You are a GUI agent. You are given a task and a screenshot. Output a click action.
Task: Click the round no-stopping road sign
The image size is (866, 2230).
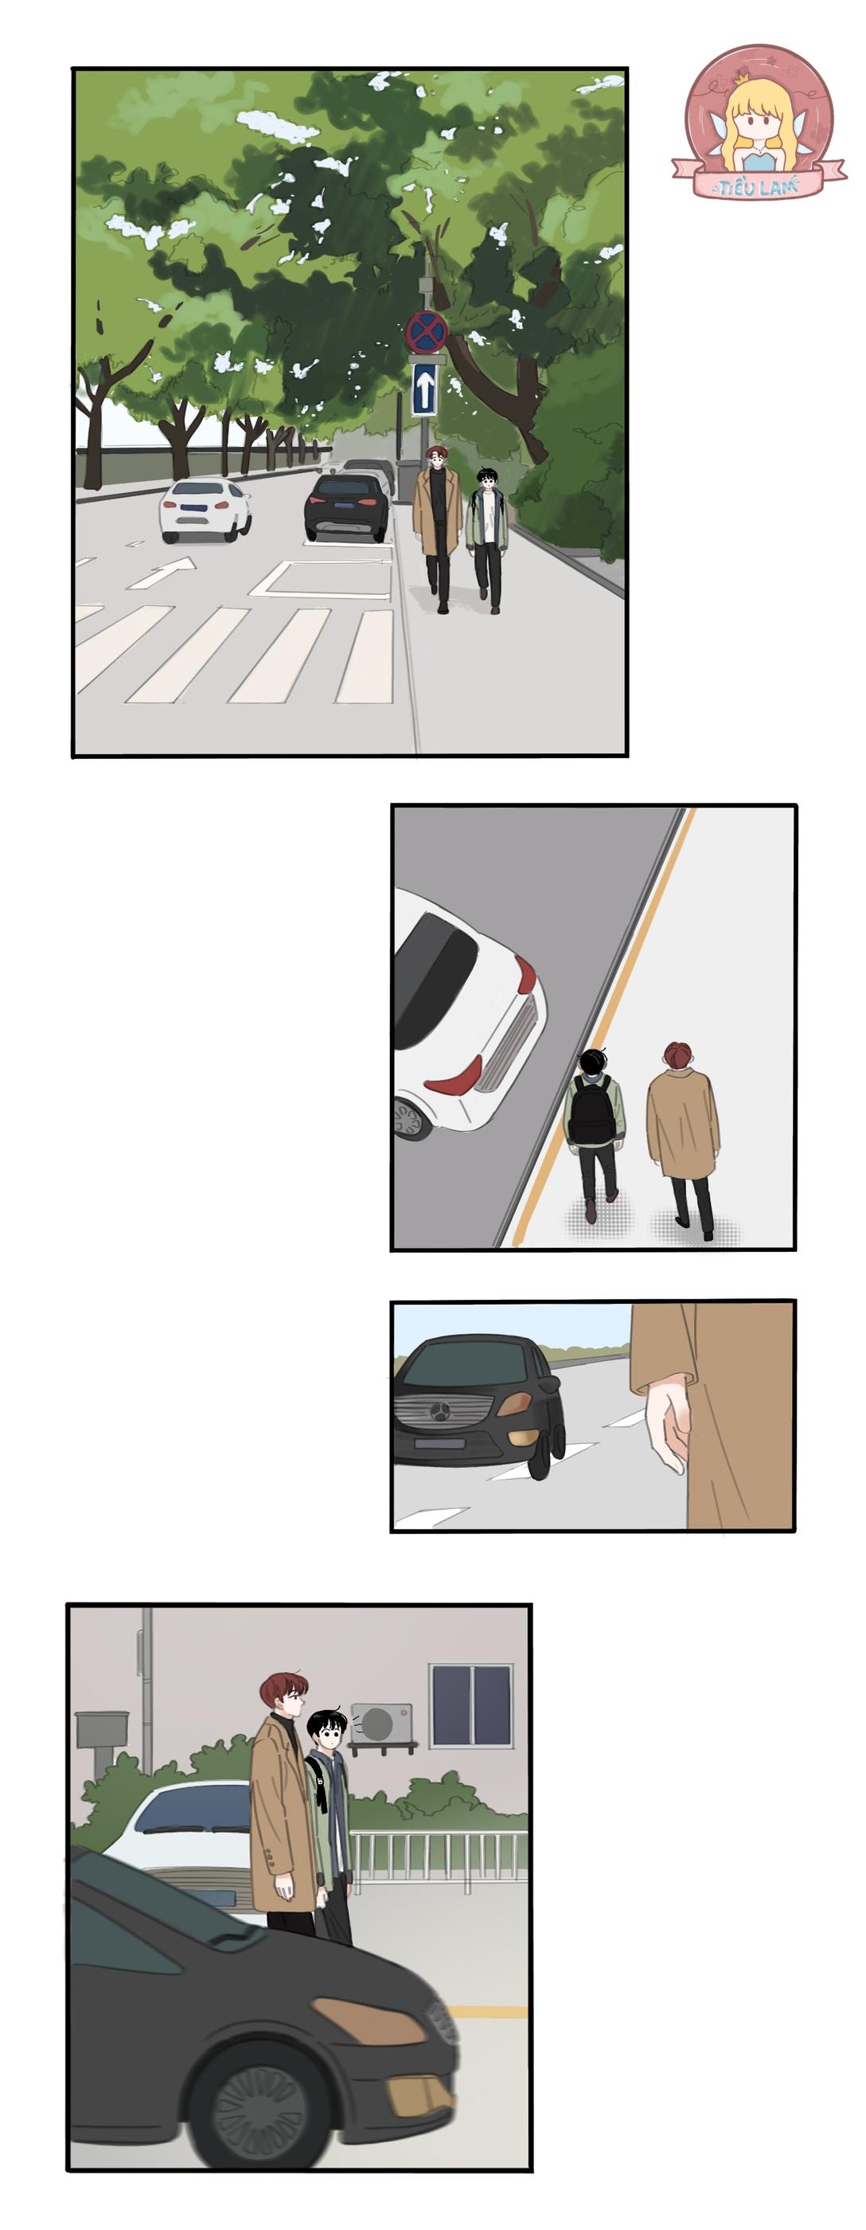[427, 331]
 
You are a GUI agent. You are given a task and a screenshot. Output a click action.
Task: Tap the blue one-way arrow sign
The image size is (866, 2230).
[424, 389]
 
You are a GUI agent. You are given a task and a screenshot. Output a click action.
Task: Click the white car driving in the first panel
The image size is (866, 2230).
[205, 510]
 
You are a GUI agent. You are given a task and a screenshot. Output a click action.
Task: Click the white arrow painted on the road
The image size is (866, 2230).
[165, 572]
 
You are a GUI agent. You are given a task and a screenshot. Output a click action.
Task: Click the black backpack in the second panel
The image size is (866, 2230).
[593, 1111]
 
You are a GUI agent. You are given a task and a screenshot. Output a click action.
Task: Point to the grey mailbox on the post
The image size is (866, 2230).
[102, 1731]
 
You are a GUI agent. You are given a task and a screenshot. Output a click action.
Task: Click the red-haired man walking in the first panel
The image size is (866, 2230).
[438, 524]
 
